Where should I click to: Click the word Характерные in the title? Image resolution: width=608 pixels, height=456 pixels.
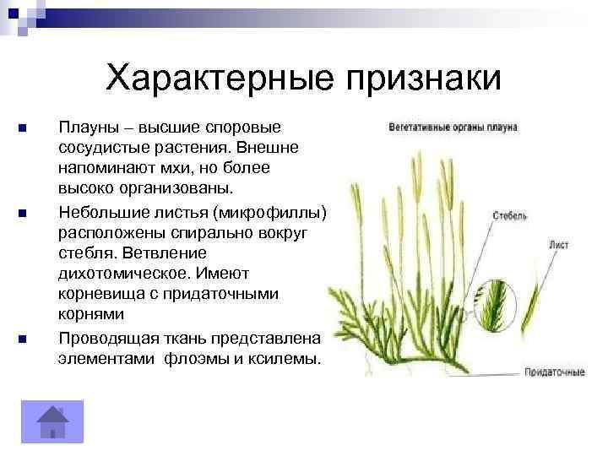(220, 79)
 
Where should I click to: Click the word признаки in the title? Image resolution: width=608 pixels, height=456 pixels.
(423, 79)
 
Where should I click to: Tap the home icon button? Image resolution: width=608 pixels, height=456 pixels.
(52, 421)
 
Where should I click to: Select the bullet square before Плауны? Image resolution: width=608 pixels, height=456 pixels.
(23, 128)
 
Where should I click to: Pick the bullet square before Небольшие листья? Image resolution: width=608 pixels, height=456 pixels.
(23, 213)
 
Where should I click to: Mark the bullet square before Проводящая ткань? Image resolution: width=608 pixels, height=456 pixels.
(23, 339)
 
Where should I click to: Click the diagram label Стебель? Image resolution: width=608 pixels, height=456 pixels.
(509, 215)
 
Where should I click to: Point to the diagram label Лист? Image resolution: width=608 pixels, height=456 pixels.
(559, 245)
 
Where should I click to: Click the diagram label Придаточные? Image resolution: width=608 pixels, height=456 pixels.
(555, 372)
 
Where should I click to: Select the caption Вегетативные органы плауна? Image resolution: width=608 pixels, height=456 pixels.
(453, 128)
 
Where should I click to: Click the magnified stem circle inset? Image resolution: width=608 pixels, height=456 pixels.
(495, 306)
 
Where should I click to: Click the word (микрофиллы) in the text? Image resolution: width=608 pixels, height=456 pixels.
(270, 213)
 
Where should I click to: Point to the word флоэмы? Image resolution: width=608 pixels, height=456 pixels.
(196, 359)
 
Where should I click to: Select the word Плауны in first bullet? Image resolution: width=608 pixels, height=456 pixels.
(89, 128)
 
